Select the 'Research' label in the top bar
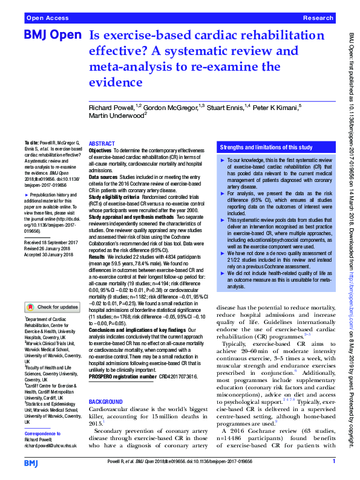click(318, 19)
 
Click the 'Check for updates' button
click(51, 307)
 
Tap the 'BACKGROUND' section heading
click(105, 401)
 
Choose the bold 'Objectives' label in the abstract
click(100, 150)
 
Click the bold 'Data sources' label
click(103, 172)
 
